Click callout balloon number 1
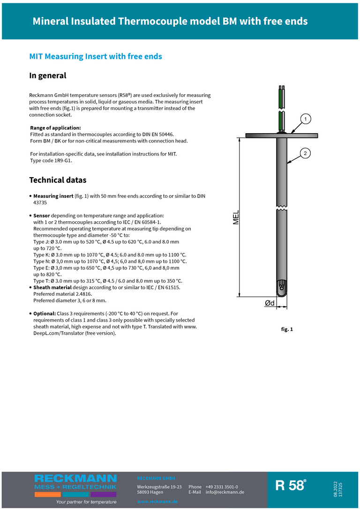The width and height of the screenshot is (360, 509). point(305,119)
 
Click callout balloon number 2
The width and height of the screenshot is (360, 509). point(305,153)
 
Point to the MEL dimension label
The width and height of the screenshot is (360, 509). point(236,217)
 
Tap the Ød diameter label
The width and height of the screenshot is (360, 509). point(270,303)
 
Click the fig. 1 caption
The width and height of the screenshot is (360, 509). point(287,329)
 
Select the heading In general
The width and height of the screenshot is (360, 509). point(48,75)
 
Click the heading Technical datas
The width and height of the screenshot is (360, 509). point(58,180)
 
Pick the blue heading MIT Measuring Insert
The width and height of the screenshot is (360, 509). point(96,56)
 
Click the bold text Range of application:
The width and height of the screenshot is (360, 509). point(55,127)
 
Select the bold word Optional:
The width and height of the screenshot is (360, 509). point(45,313)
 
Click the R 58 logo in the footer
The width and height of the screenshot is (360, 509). point(291,485)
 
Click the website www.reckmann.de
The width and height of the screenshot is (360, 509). point(157,502)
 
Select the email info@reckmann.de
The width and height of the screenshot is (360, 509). point(225,492)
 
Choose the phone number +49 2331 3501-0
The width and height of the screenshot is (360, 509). point(222,487)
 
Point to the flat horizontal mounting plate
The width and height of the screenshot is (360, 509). point(281,136)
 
